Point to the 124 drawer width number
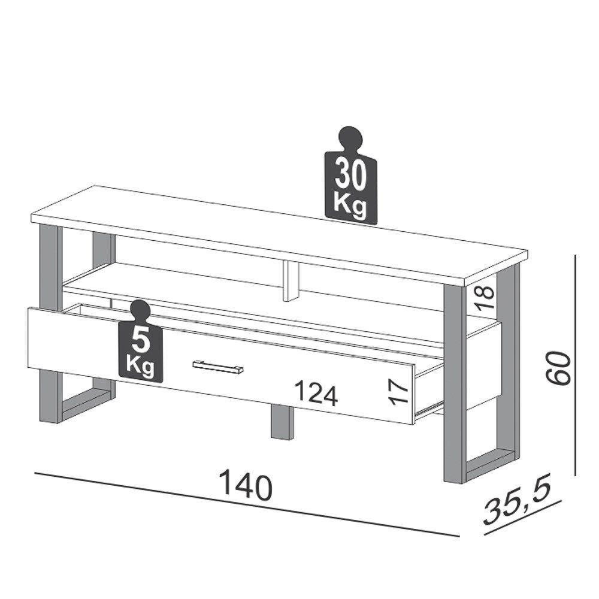point(316,394)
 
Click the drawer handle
point(218,367)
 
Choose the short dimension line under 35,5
point(522,519)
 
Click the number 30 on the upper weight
point(350,174)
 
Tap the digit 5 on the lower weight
point(141,339)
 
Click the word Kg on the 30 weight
point(350,203)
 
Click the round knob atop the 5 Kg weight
point(141,310)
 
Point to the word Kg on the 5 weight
point(141,364)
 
